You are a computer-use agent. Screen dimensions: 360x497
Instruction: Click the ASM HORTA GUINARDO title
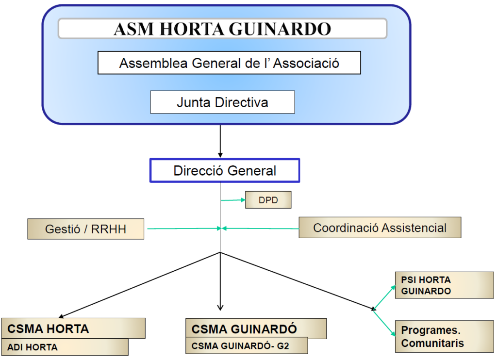(x=222, y=29)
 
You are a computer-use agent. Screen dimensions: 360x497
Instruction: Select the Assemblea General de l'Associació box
(x=229, y=63)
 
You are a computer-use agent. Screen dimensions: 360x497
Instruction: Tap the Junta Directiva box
(x=222, y=102)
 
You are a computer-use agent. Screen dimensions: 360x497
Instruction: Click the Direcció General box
(x=224, y=171)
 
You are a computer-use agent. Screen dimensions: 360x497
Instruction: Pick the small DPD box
(x=268, y=200)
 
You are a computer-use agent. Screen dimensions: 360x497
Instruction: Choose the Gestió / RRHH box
(x=85, y=229)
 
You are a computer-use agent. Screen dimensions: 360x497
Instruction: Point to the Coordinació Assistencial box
(x=380, y=228)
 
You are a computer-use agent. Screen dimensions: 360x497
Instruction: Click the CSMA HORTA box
(x=73, y=328)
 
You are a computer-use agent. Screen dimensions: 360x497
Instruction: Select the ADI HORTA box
(x=65, y=347)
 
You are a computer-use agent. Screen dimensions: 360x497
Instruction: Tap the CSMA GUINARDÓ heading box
(x=256, y=329)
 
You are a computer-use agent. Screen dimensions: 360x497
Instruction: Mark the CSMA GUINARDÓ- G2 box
(x=247, y=346)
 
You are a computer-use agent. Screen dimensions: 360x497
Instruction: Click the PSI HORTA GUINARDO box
(x=444, y=285)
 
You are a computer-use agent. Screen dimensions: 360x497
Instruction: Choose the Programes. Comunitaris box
(x=444, y=336)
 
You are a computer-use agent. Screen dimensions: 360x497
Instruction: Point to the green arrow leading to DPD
(x=233, y=200)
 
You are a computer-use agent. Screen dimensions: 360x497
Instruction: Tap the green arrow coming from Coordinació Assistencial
(x=260, y=228)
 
